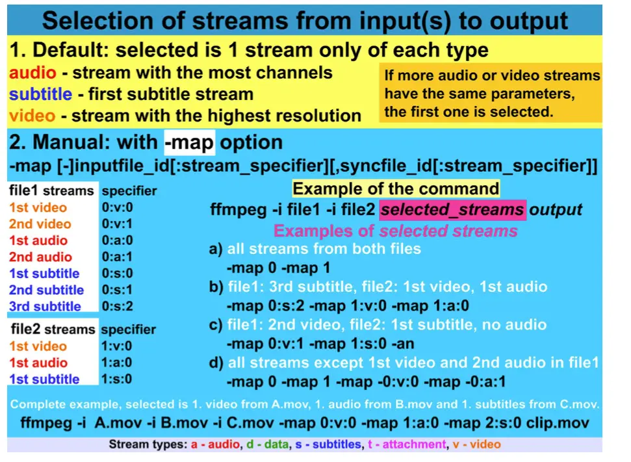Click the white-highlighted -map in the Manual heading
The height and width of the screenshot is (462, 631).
pos(190,142)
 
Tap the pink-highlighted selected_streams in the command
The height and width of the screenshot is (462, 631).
pos(452,210)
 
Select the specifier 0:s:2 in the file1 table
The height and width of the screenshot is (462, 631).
pos(117,306)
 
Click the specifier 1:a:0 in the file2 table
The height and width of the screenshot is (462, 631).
pos(117,363)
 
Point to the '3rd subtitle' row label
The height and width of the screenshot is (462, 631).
pos(45,306)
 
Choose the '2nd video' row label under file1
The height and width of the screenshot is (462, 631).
pos(40,224)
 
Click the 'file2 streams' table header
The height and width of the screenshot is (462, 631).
pos(53,329)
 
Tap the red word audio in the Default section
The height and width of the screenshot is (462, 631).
pos(32,73)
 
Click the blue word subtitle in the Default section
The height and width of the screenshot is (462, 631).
pos(41,94)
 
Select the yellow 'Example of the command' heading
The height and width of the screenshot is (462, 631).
pos(396,188)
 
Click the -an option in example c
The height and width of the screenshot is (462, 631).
pos(406,344)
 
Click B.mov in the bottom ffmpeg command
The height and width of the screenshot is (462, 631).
pos(184,423)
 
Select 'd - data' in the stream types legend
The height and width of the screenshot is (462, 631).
pos(268,444)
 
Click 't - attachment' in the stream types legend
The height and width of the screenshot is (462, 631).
pos(407,444)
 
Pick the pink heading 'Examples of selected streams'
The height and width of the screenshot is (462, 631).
pos(396,231)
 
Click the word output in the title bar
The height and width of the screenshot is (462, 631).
pos(529,21)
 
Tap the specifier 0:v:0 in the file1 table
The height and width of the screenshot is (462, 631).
pos(117,207)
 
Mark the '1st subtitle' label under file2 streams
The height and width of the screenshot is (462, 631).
pos(44,379)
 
